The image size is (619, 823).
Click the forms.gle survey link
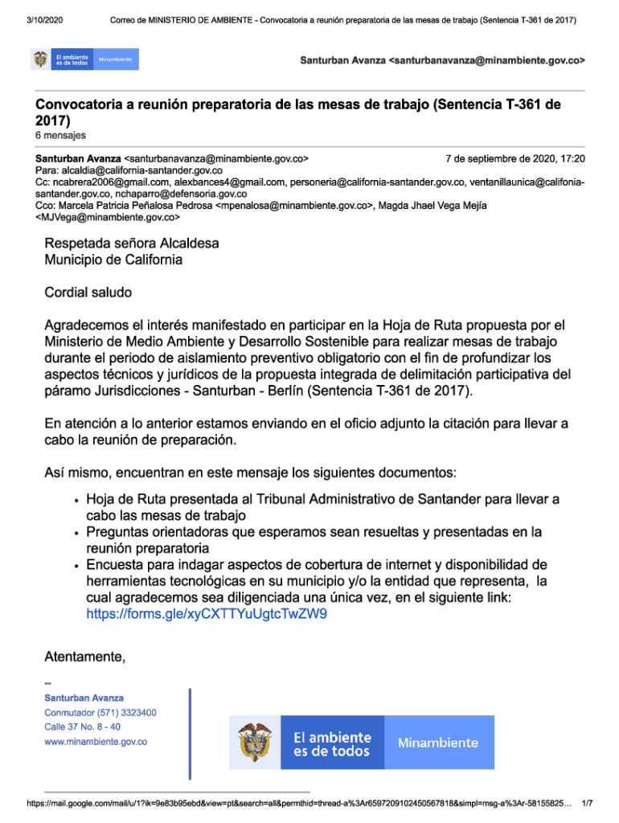(x=207, y=614)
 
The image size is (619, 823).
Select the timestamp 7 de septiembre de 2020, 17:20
(x=515, y=159)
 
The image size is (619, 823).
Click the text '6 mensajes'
(x=60, y=135)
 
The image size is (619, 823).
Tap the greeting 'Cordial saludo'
(x=88, y=293)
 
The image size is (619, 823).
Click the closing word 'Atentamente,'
(x=85, y=658)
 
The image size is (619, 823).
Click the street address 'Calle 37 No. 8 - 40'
(x=83, y=727)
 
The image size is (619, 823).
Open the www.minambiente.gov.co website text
(x=96, y=741)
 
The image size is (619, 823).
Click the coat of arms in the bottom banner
(x=255, y=741)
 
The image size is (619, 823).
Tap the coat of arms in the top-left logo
(x=40, y=59)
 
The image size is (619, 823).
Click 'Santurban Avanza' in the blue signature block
(x=84, y=698)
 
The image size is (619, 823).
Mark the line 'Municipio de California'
(x=113, y=260)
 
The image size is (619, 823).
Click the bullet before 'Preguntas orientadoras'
(x=76, y=533)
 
